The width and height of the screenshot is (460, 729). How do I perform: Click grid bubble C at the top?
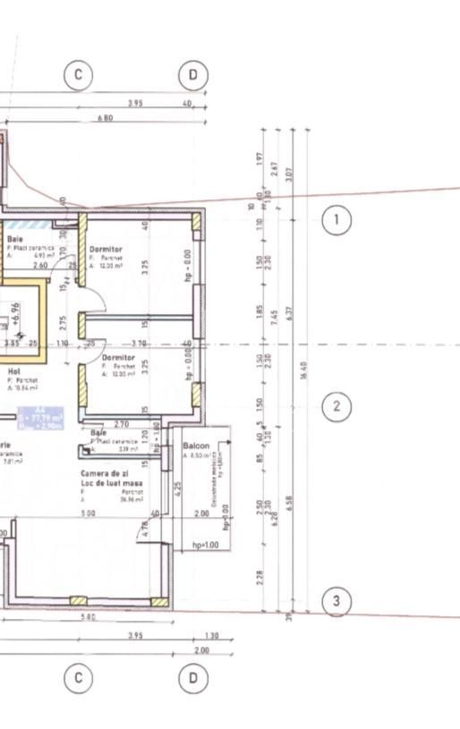pyautogui.click(x=79, y=75)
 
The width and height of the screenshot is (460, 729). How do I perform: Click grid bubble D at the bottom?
pyautogui.click(x=192, y=679)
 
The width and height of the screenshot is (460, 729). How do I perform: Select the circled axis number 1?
pyautogui.click(x=336, y=220)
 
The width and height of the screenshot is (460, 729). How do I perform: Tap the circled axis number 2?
pyautogui.click(x=336, y=407)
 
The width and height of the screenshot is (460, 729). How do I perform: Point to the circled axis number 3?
pyautogui.click(x=336, y=601)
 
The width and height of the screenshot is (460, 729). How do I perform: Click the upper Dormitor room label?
pyautogui.click(x=106, y=249)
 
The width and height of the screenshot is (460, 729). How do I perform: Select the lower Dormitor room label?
pyautogui.click(x=106, y=357)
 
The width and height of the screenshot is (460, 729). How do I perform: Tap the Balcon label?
pyautogui.click(x=196, y=445)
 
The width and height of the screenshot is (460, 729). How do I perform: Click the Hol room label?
pyautogui.click(x=13, y=369)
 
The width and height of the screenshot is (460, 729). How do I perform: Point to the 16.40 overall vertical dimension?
pyautogui.click(x=305, y=367)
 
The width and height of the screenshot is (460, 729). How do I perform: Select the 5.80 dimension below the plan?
pyautogui.click(x=87, y=618)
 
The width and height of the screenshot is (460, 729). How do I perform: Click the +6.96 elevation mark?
pyautogui.click(x=15, y=312)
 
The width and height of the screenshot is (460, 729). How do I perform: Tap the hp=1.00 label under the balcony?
pyautogui.click(x=206, y=545)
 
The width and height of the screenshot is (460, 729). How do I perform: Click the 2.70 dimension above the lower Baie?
pyautogui.click(x=122, y=424)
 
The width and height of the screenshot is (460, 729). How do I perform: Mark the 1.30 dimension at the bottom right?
pyautogui.click(x=211, y=636)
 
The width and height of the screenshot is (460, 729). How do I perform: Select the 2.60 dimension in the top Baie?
pyautogui.click(x=40, y=266)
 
